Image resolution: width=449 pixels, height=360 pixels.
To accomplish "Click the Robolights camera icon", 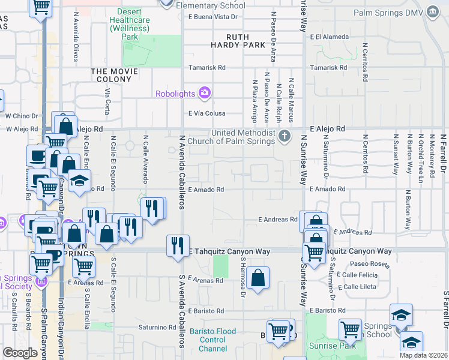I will pyautogui.click(x=205, y=92).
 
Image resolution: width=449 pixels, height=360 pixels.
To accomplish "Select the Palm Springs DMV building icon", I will pyautogui.click(x=432, y=12).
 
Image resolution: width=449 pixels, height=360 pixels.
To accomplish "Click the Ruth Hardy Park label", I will pyautogui.click(x=238, y=41).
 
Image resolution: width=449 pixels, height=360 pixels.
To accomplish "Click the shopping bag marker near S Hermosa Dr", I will pyautogui.click(x=258, y=277).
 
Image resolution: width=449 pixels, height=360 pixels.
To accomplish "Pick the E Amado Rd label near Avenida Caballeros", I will pyautogui.click(x=206, y=190).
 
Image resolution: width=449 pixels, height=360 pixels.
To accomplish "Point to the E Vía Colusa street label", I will pyautogui.click(x=207, y=113).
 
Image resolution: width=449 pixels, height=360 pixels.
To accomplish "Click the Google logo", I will pyautogui.click(x=20, y=353).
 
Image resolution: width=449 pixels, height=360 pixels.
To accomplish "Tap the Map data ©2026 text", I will pyautogui.click(x=423, y=355).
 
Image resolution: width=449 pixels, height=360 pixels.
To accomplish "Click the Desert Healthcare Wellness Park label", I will pyautogui.click(x=130, y=24).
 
